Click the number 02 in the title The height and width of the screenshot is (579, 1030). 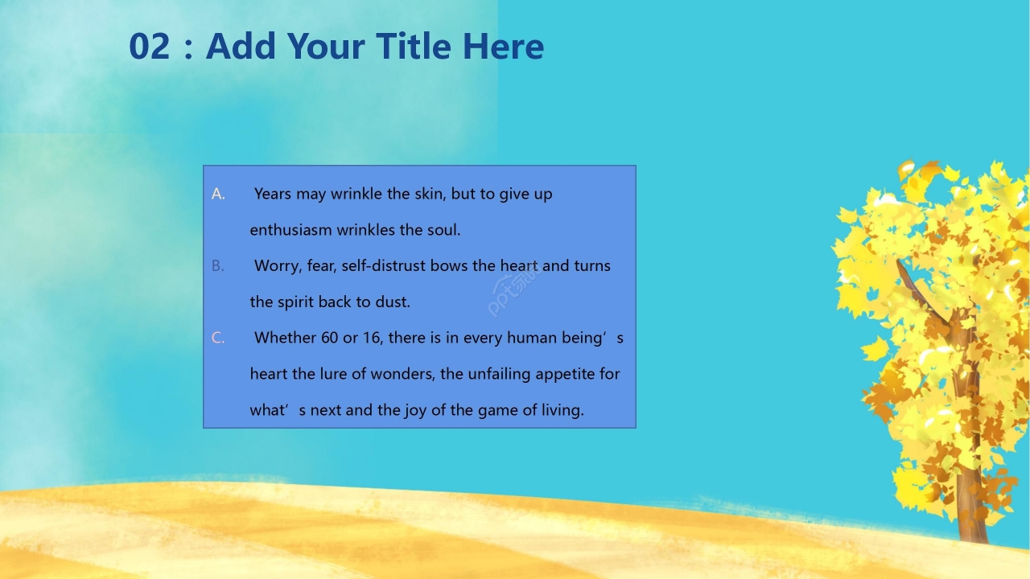click(150, 47)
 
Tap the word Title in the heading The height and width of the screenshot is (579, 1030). click(414, 46)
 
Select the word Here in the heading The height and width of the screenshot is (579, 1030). click(503, 47)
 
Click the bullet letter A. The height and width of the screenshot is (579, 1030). click(218, 195)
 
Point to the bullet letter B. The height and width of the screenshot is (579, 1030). click(218, 266)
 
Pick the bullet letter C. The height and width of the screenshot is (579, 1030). click(218, 339)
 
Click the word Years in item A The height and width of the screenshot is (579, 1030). click(273, 194)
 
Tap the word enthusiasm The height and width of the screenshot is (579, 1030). click(290, 230)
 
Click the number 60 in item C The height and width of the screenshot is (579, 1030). click(329, 338)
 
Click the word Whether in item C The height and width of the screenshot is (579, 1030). click(285, 338)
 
